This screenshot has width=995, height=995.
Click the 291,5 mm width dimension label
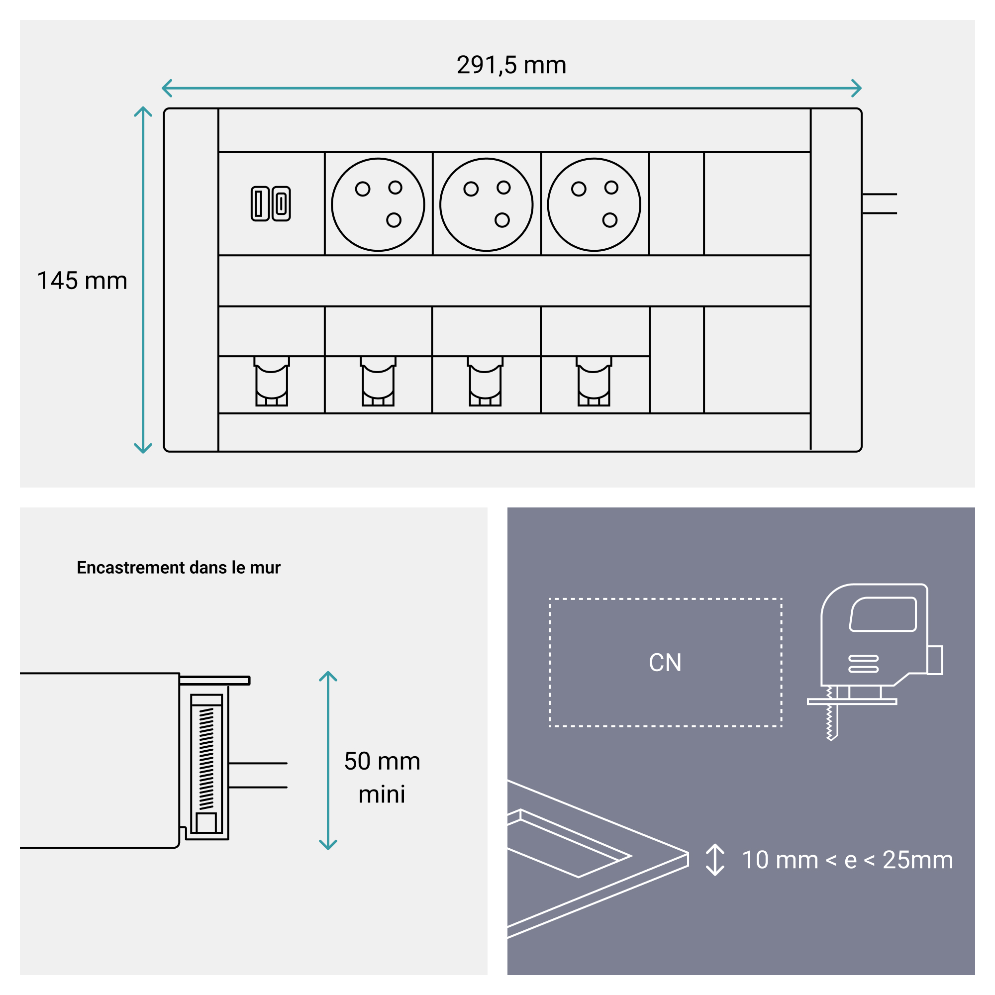pos(511,65)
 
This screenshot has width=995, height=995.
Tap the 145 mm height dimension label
pos(82,281)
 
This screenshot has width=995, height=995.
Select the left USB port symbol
pos(260,203)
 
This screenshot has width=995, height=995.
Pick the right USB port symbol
pos(281,203)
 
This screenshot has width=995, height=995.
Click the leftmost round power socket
pos(378,204)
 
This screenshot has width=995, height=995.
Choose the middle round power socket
pos(486,204)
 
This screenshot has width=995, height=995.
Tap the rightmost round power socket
pos(594,204)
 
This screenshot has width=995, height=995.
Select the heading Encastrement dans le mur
pos(178,568)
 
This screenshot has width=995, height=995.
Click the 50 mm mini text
pos(382,778)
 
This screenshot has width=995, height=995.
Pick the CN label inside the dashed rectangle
pos(665,663)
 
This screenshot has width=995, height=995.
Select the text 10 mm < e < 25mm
pos(847,860)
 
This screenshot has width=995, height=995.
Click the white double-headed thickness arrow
pos(715,860)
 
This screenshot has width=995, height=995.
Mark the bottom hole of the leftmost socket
pos(394,220)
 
